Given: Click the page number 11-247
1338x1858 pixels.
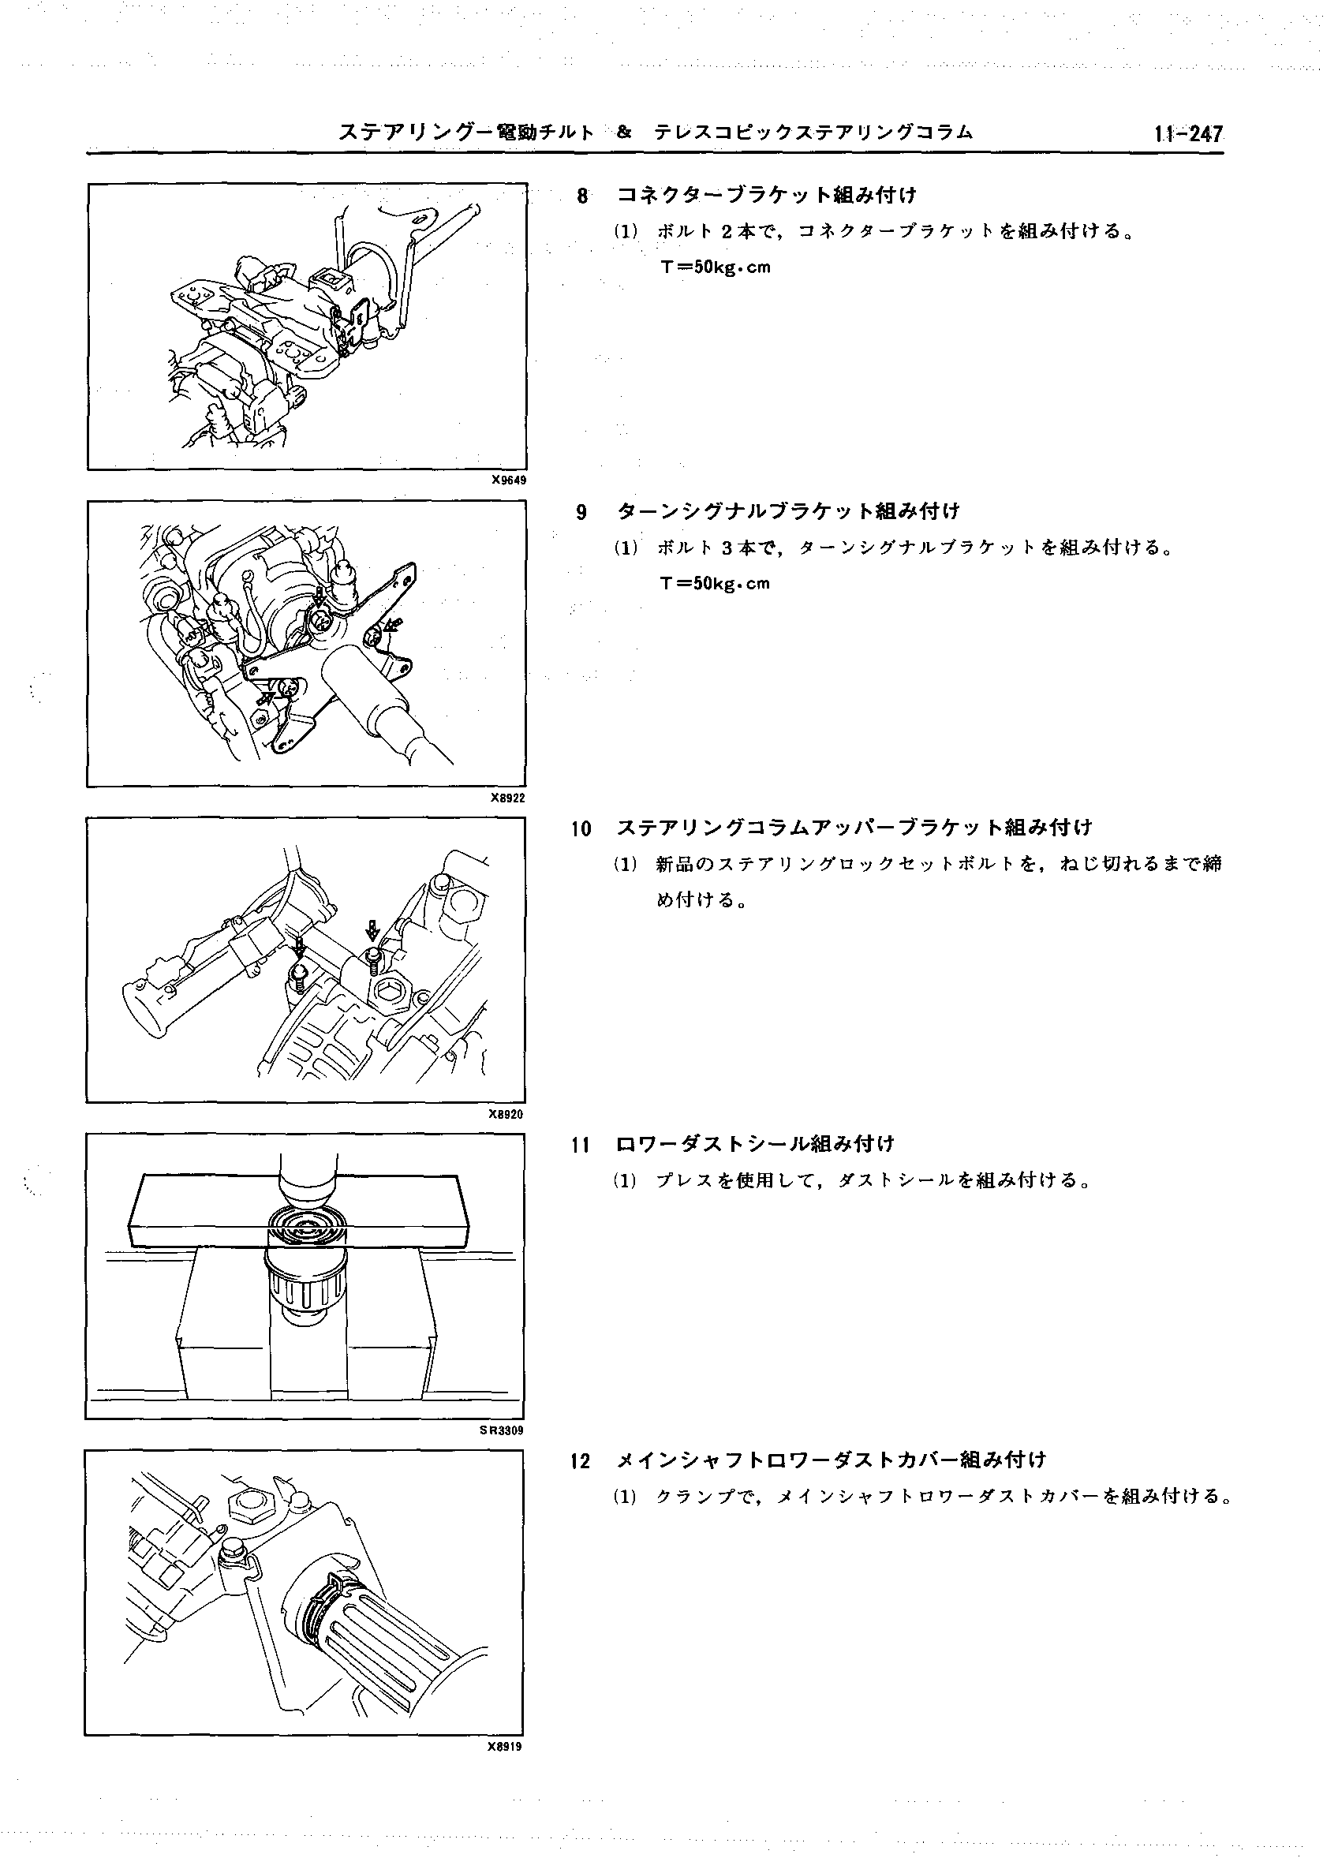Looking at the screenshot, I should coord(1188,133).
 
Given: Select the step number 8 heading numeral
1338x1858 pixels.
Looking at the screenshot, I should coord(582,196).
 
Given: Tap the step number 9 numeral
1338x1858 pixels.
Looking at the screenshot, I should coord(581,513).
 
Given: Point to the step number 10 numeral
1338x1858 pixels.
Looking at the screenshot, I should coord(581,829).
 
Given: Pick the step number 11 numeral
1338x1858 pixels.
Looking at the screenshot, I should coord(580,1146).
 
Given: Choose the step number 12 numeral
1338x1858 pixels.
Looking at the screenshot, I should coord(580,1461).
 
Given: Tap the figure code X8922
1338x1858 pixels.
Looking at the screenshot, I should coord(508,798).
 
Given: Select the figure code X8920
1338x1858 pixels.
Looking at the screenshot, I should coord(506,1114).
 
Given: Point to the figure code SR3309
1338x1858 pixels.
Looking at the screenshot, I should coord(503,1430).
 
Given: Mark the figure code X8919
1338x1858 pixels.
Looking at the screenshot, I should coord(505,1746).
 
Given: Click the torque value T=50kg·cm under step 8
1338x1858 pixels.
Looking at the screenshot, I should coord(716,268).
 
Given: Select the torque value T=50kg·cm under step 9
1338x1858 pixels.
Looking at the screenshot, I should coord(716,584).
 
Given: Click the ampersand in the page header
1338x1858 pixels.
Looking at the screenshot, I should coord(624,132).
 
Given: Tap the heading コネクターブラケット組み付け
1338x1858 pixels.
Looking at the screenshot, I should coord(767,196).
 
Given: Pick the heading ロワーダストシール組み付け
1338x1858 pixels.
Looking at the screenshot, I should coord(755,1145).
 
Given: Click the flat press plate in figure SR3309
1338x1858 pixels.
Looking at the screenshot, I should coord(299,1209).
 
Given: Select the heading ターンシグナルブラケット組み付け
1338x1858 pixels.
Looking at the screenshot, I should coord(787,512).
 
